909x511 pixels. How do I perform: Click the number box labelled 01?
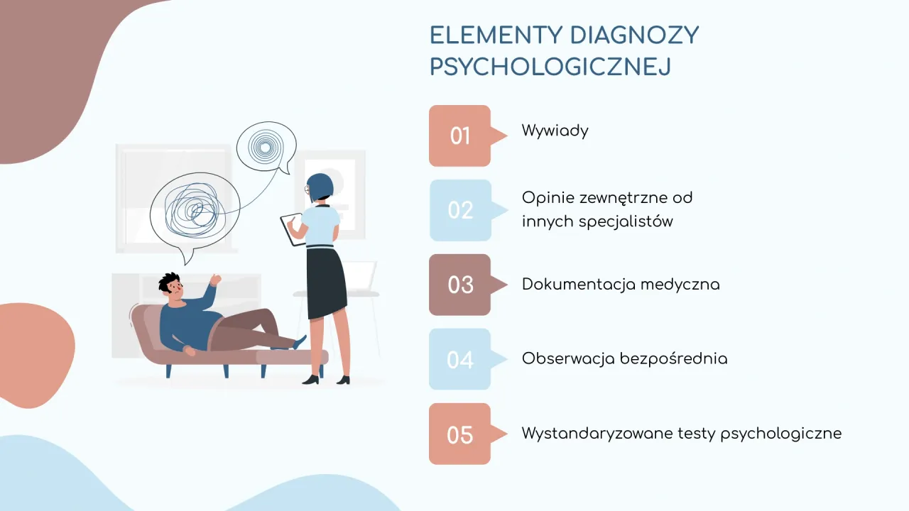[460, 136]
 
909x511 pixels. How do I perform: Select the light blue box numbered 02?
[460, 210]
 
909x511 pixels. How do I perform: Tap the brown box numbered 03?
[460, 285]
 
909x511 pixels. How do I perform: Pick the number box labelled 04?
[460, 359]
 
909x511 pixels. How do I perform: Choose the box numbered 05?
[460, 434]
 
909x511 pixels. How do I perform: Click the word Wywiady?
[555, 131]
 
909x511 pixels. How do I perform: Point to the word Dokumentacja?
[578, 285]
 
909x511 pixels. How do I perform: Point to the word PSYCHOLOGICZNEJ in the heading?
[550, 67]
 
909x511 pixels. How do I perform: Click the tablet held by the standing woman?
[291, 229]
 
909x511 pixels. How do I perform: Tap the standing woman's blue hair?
[321, 186]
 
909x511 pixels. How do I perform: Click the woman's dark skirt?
[326, 282]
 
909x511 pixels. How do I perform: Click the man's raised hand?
[214, 280]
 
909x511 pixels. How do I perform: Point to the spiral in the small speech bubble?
[265, 147]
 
